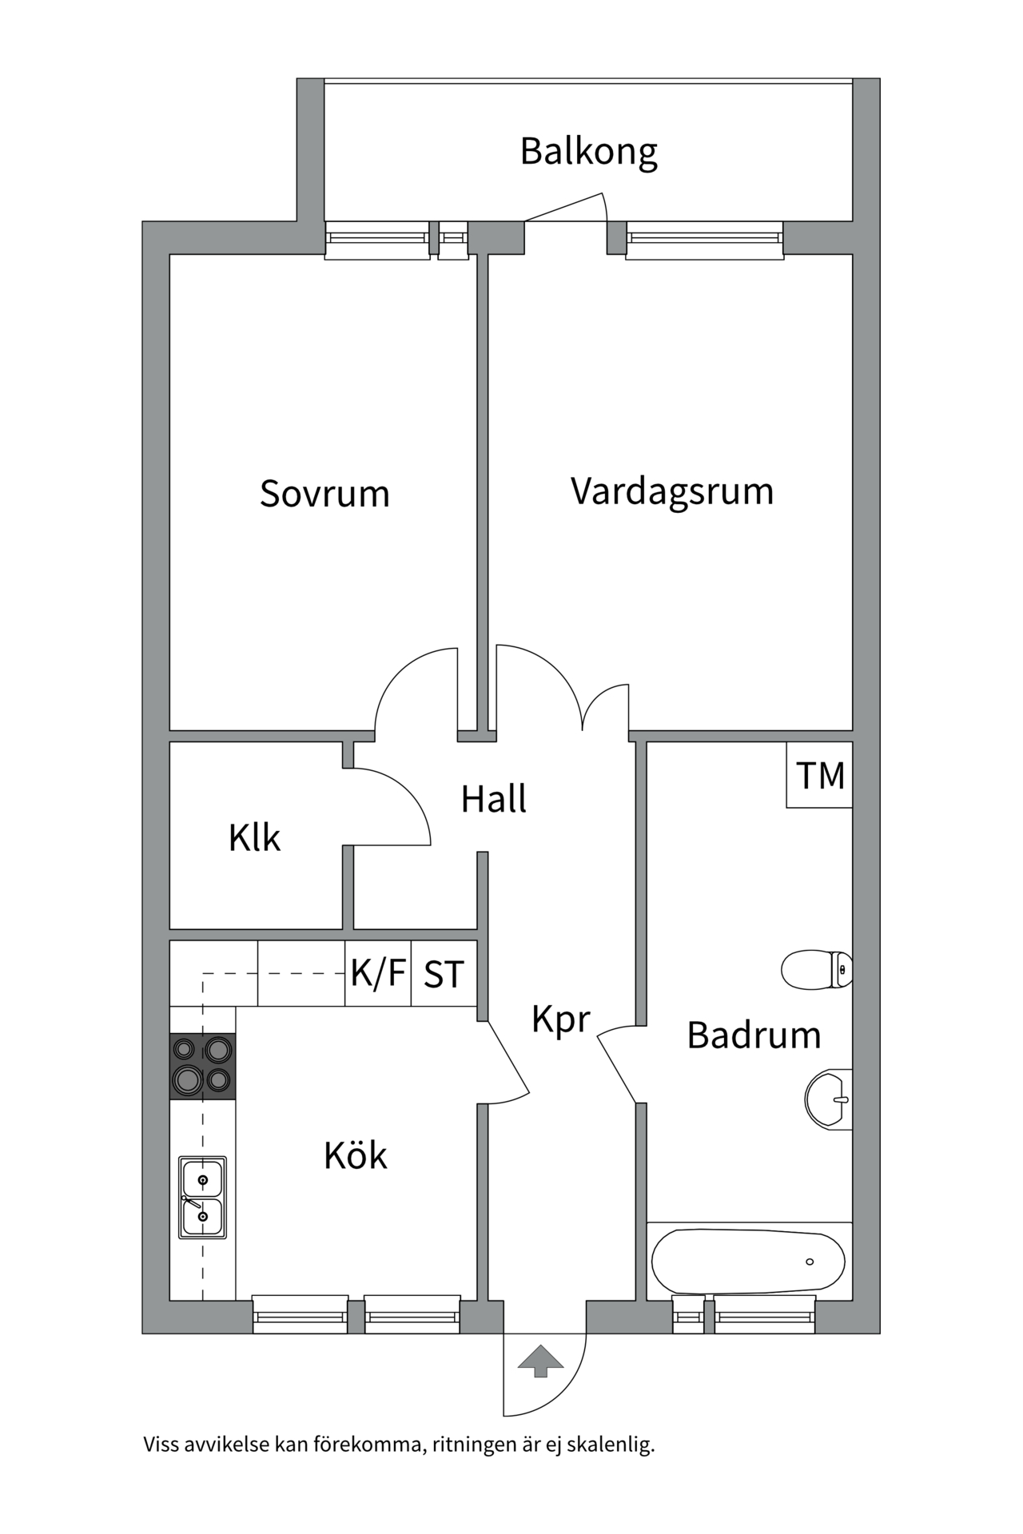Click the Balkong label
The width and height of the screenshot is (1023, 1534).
point(589,151)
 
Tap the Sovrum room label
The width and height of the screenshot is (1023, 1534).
point(324,494)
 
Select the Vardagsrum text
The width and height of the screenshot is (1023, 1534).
point(672,491)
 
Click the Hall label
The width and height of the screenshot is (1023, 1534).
point(494,799)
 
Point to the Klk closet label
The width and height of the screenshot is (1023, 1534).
point(254,838)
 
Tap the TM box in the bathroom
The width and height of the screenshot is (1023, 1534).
point(820,776)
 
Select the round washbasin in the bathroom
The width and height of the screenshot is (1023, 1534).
point(828,1099)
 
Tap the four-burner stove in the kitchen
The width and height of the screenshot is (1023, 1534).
point(203,1066)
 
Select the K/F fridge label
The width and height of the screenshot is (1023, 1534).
point(378,973)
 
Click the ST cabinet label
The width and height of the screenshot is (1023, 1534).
point(444,974)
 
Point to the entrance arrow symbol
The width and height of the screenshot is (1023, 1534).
point(541,1361)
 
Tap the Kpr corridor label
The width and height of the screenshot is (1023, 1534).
point(561,1020)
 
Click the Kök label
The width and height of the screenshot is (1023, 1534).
point(355,1155)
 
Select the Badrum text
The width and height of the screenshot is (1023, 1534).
point(754,1035)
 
